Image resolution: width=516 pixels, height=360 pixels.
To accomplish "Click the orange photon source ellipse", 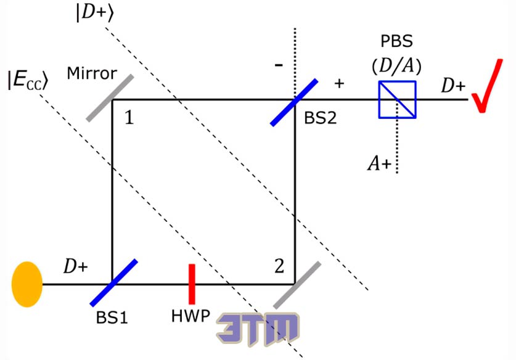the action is click(x=27, y=284).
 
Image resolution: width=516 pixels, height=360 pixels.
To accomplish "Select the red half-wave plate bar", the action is click(x=192, y=284).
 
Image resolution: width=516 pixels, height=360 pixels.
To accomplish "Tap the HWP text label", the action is click(x=190, y=316).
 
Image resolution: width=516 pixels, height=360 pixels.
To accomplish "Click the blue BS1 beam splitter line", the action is click(x=114, y=283).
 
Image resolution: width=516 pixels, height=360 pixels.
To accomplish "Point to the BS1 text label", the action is click(x=112, y=317).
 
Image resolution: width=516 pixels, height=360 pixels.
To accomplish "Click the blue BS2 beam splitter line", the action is click(x=294, y=102).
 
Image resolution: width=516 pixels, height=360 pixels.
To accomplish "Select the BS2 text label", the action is click(x=321, y=118).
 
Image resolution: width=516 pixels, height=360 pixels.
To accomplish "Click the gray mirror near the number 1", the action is click(x=110, y=98).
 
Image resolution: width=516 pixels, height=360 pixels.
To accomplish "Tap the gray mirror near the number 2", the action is click(x=297, y=285).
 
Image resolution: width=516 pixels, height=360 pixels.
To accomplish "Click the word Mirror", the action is click(x=92, y=73).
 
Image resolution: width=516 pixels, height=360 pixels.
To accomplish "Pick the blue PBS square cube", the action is click(x=397, y=99).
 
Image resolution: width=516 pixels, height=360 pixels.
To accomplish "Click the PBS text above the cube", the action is click(x=396, y=41).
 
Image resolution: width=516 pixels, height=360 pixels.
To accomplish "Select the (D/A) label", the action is click(x=396, y=67).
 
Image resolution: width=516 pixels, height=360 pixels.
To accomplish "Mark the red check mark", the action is click(x=487, y=86).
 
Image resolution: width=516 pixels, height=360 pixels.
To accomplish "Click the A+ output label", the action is click(x=379, y=163).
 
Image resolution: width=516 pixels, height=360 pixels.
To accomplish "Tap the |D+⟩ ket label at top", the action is click(x=95, y=14).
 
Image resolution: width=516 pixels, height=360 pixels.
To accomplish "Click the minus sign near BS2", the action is click(x=279, y=65).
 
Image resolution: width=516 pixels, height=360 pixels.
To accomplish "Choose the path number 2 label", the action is click(x=279, y=266).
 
